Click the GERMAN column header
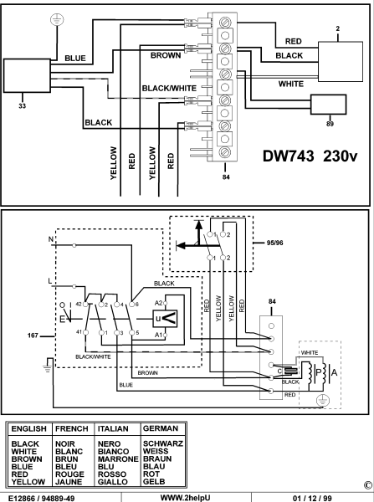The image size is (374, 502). [x=159, y=425]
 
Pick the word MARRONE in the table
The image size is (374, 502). [x=118, y=458]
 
